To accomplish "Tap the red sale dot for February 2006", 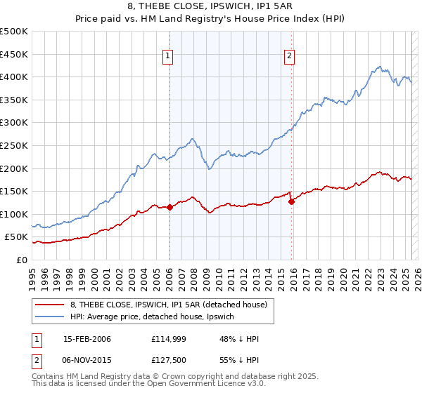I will click(170, 207).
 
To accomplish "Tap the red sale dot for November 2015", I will click(291, 201).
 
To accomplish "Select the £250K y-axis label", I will click(14, 145).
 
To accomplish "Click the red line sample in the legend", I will click(51, 305).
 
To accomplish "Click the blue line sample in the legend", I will click(51, 317).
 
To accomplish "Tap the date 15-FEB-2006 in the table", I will click(87, 339).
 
